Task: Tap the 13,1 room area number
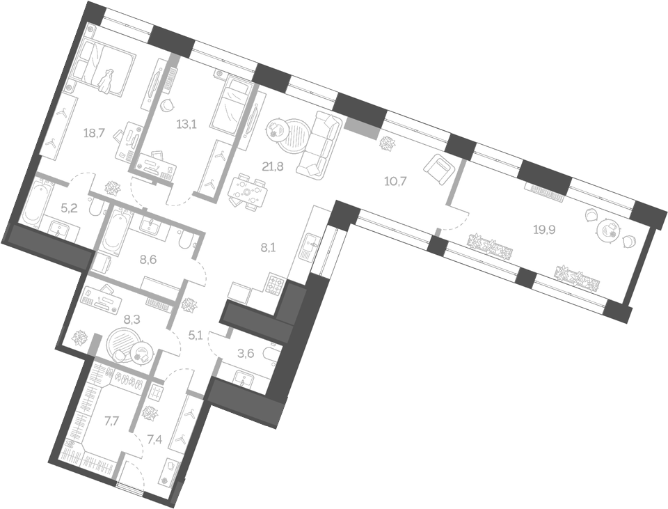click(185, 125)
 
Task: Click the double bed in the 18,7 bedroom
click(104, 66)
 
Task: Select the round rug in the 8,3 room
click(124, 343)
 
